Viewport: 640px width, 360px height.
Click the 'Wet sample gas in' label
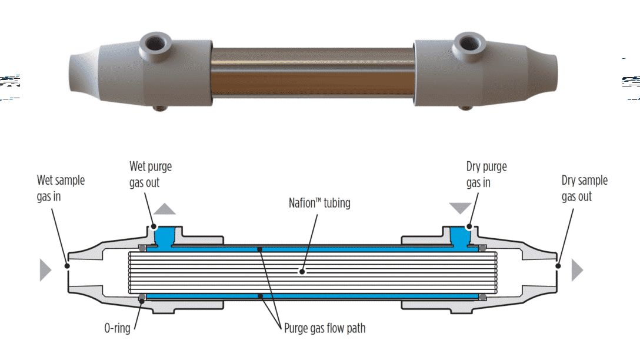coord(61,188)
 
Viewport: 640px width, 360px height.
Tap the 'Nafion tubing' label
coord(319,203)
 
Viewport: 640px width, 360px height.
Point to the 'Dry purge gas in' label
coord(486,175)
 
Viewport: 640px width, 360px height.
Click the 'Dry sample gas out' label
coord(584,188)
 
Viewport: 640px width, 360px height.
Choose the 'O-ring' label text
coord(117,328)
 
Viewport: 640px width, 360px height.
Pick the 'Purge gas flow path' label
coord(325,328)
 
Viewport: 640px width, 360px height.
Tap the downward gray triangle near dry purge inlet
coord(460,208)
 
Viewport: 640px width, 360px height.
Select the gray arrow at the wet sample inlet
coord(45,269)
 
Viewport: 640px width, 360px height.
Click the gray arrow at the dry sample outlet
coord(577,270)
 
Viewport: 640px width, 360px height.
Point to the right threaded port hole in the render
coord(469,43)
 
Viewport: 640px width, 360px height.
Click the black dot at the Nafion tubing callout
coord(302,272)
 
